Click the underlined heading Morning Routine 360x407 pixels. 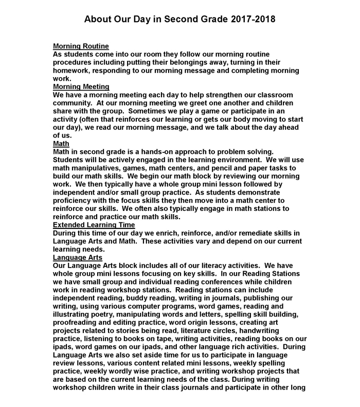[81, 46]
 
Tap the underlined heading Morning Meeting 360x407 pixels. [81, 86]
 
